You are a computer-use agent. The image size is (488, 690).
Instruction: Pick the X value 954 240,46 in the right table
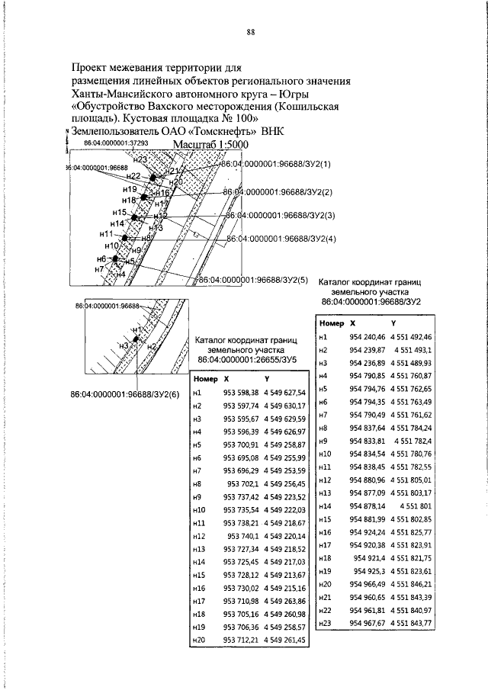[x=366, y=336]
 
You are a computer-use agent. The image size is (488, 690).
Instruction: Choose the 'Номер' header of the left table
[x=206, y=378]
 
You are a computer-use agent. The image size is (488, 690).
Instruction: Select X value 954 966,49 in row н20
[x=366, y=583]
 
